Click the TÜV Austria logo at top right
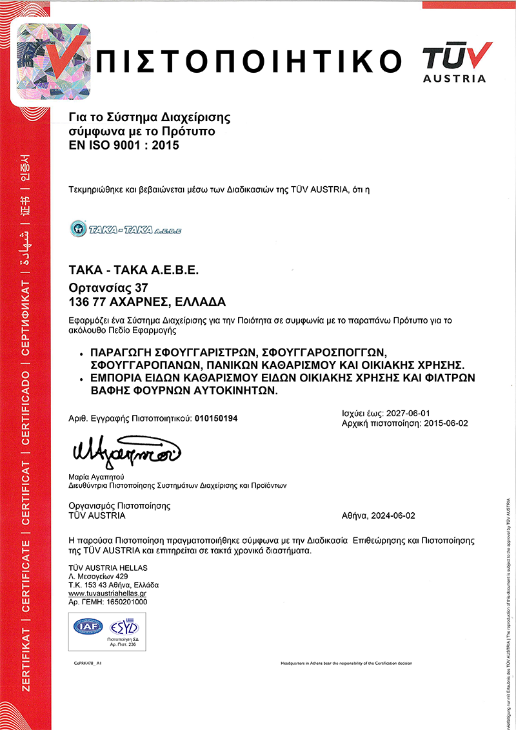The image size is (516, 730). point(455,61)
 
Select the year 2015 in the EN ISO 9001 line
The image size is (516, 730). point(166,146)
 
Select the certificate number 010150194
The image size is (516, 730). point(215,418)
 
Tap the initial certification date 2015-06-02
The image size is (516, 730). point(444,423)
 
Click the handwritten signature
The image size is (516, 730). point(126,448)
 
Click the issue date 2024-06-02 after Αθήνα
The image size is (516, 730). point(394,516)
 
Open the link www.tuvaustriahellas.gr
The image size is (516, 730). point(108,593)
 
